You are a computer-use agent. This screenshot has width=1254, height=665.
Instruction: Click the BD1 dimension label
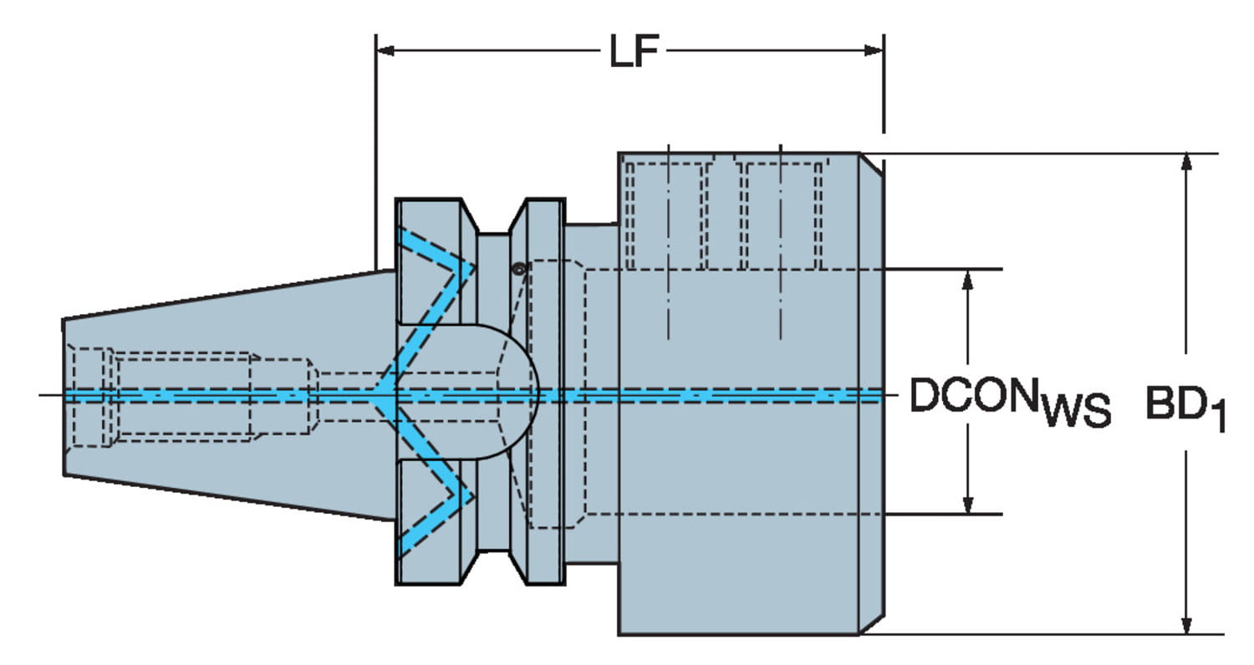pyautogui.click(x=1185, y=408)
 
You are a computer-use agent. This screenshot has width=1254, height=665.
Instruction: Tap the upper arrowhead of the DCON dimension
pyautogui.click(x=967, y=278)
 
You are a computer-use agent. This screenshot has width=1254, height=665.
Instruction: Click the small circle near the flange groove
pyautogui.click(x=519, y=268)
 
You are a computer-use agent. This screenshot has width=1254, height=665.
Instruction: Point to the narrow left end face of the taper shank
pyautogui.click(x=64, y=396)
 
